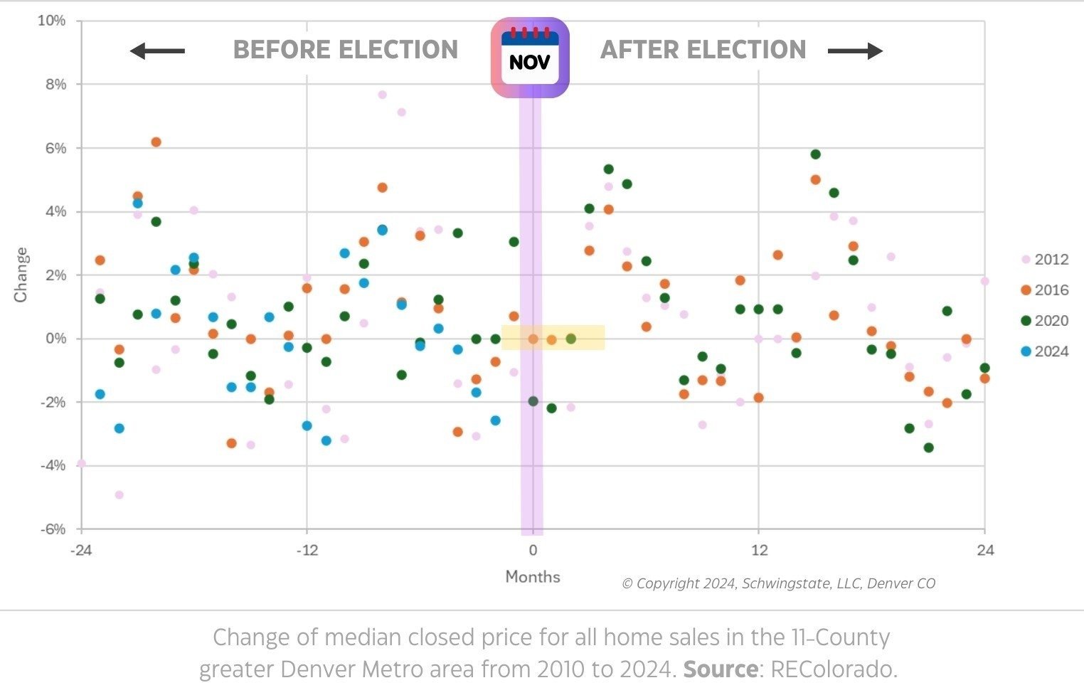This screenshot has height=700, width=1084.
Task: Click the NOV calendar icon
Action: pyautogui.click(x=530, y=58)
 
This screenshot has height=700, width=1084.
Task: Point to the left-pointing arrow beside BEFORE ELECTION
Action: pyautogui.click(x=157, y=51)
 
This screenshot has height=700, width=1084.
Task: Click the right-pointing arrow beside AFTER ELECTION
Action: pyautogui.click(x=855, y=51)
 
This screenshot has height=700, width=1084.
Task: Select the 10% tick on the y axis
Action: pyautogui.click(x=51, y=21)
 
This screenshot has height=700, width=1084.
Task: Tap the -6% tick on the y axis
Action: pyautogui.click(x=51, y=529)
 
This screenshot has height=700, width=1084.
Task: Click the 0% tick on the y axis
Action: pyautogui.click(x=55, y=339)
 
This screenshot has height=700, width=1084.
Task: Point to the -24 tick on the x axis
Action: pyautogui.click(x=81, y=550)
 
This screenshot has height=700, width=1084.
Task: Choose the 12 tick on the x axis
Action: pyautogui.click(x=759, y=550)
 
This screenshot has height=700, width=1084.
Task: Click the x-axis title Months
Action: pyautogui.click(x=533, y=577)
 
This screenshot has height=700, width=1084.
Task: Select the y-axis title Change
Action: pyautogui.click(x=21, y=275)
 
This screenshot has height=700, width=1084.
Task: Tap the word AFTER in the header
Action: pyautogui.click(x=634, y=50)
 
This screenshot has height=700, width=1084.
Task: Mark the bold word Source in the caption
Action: pyautogui.click(x=720, y=669)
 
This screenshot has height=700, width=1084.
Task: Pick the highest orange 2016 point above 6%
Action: pyautogui.click(x=156, y=142)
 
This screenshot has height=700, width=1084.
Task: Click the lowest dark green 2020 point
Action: pyautogui.click(x=928, y=447)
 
